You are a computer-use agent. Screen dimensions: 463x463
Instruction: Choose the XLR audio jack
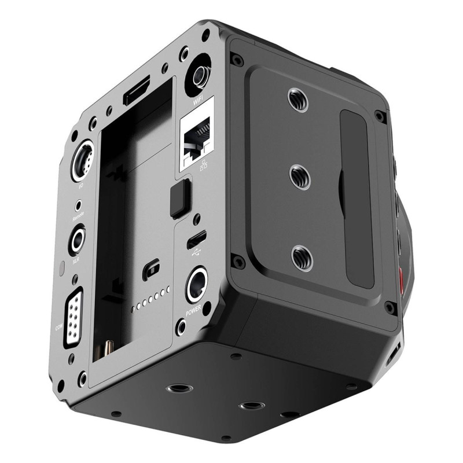click(77, 240)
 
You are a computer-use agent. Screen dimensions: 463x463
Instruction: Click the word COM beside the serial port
click(58, 328)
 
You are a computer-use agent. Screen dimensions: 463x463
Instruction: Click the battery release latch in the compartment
click(152, 269)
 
